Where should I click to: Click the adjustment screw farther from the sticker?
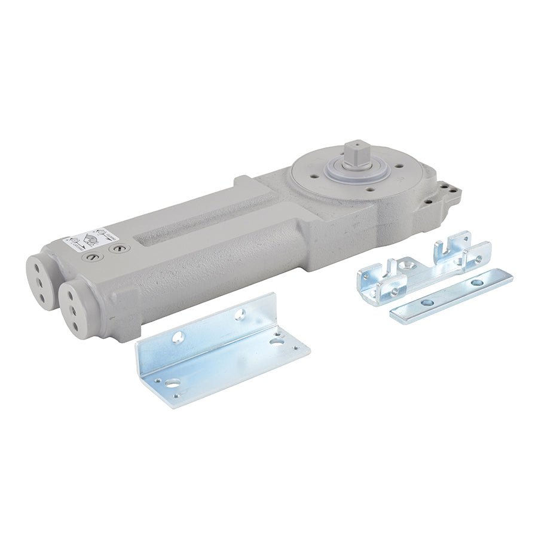click(x=119, y=247)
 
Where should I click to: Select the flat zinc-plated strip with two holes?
click(x=451, y=295)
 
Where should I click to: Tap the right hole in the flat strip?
click(x=476, y=282)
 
